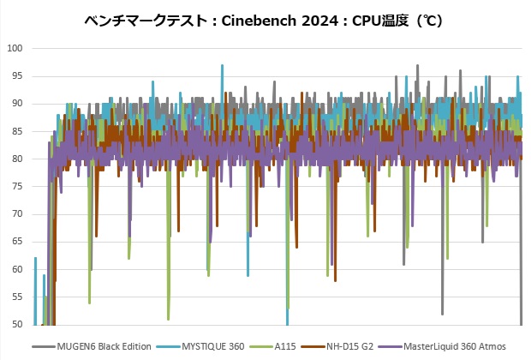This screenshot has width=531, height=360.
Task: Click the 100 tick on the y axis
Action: (15, 48)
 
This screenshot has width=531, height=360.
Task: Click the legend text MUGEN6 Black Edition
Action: (104, 346)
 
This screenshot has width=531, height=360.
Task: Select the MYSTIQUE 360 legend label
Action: (212, 346)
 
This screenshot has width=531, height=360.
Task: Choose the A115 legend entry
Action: (287, 346)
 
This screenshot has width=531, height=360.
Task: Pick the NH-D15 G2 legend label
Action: (349, 346)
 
